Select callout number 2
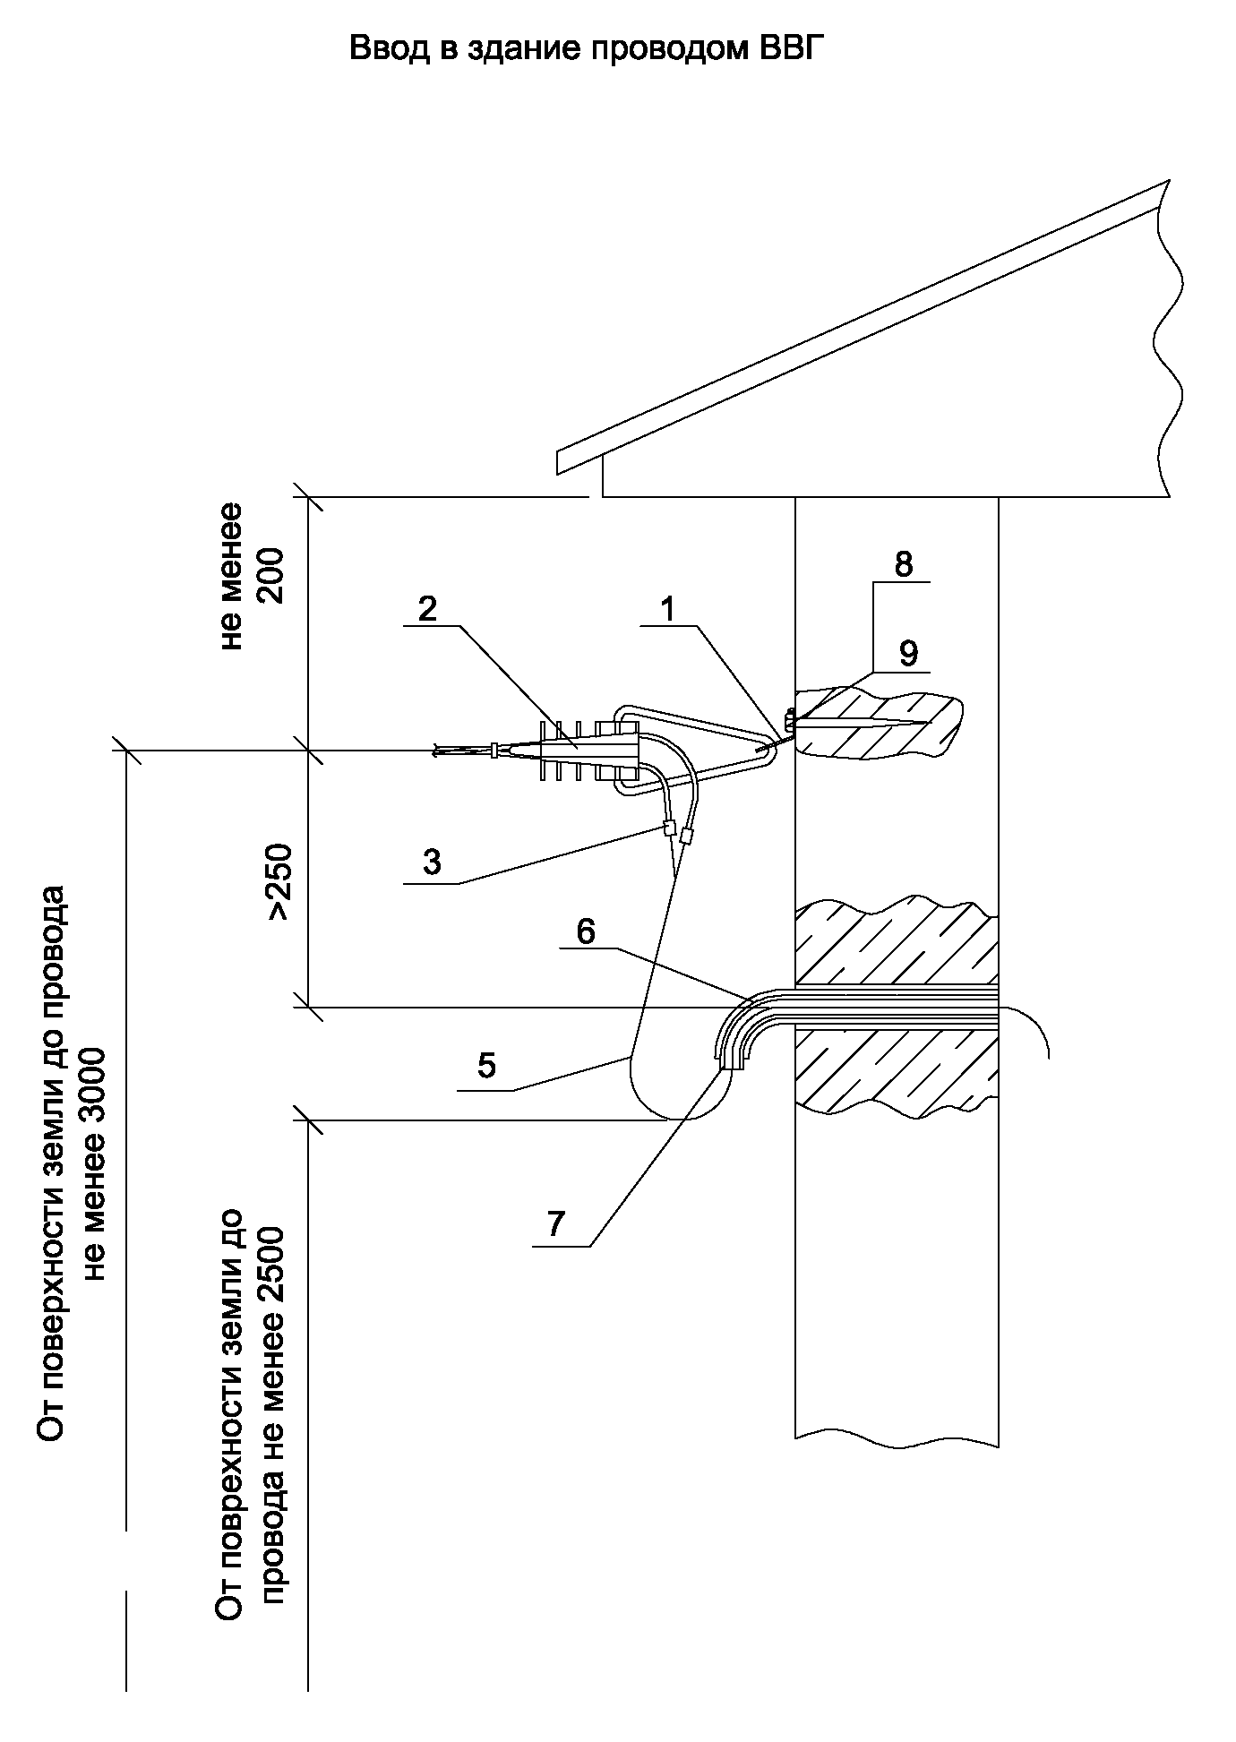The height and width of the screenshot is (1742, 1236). pos(427,609)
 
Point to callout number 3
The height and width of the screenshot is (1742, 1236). pos(432,862)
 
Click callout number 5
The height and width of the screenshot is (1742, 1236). pos(486,1067)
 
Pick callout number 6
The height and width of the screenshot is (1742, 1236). pos(585,932)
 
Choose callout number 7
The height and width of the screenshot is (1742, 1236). pos(556,1223)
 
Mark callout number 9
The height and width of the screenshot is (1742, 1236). pos(908,654)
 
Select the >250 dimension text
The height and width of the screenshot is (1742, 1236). pos(279,881)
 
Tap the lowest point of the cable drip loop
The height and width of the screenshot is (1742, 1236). pos(667,1119)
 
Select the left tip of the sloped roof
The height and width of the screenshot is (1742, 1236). pos(559,460)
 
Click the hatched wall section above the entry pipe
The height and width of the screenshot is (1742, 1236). pos(896,949)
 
